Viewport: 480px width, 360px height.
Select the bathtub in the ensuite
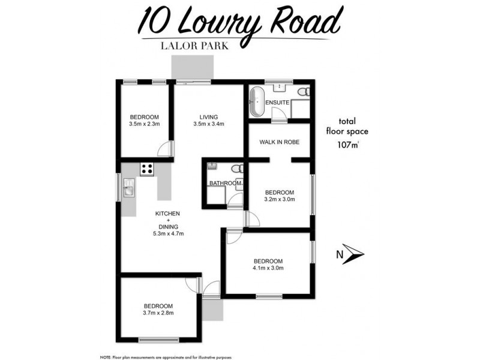click(257, 103)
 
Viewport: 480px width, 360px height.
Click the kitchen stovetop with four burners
click(147, 169)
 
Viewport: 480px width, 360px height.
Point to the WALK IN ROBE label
click(279, 142)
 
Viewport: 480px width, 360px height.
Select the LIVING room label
click(208, 117)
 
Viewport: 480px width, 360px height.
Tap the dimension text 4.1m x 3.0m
click(268, 268)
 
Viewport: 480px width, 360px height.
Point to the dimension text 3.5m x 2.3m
click(144, 124)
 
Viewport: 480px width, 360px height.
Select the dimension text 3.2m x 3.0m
click(279, 200)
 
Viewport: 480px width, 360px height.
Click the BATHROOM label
click(225, 183)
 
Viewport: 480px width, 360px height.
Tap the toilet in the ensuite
click(305, 92)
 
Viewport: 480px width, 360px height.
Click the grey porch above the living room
click(191, 67)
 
